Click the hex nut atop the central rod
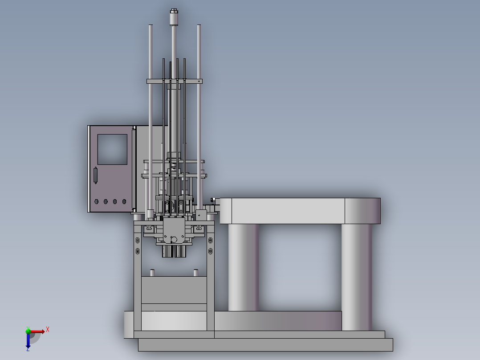174,11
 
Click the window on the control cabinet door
112,150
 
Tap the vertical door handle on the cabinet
95,175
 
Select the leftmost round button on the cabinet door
97,201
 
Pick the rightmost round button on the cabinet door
124,201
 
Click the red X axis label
48,330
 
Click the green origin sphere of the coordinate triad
28,331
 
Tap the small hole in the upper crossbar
199,81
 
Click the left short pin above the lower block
152,273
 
